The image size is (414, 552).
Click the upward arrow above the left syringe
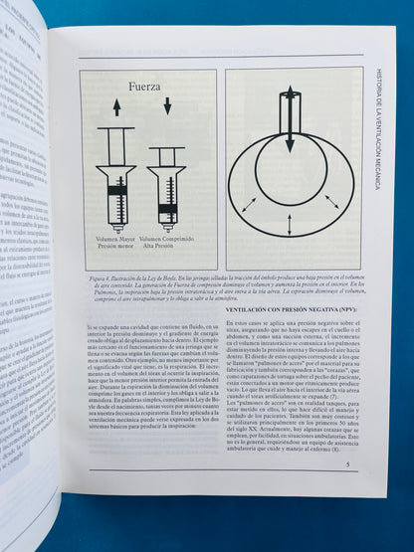click(116, 107)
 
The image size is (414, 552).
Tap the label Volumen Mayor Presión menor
click(115, 242)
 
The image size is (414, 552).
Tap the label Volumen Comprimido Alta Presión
click(164, 242)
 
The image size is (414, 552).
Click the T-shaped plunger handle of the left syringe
click(116, 129)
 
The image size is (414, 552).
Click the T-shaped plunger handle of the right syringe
click(166, 149)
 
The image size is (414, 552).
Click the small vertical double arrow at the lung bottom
click(290, 224)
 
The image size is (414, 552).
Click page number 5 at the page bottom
click(346, 463)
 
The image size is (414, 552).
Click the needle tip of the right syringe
click(166, 231)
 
